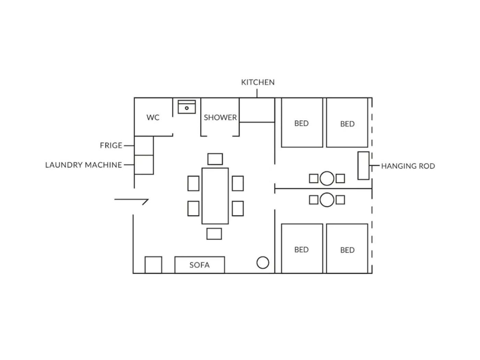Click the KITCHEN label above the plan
[257, 82]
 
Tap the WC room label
[153, 117]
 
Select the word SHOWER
[220, 118]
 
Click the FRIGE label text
[111, 145]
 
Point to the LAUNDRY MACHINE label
[84, 165]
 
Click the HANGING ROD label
[408, 166]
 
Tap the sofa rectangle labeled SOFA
[200, 265]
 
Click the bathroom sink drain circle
[187, 108]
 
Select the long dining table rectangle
[215, 196]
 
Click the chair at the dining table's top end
[215, 159]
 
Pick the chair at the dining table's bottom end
[214, 234]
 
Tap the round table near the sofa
[263, 263]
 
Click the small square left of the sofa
[153, 265]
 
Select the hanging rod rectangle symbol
[363, 166]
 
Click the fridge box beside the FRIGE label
[144, 146]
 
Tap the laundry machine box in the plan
[144, 165]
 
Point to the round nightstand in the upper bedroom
[327, 178]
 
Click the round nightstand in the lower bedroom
[327, 200]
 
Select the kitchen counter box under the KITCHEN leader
[257, 110]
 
